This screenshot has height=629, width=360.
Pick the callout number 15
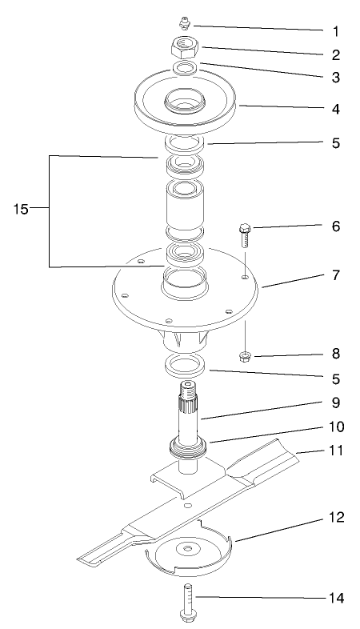point(22,210)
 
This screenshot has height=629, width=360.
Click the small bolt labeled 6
point(244,237)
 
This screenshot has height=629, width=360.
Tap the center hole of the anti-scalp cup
point(189,547)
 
